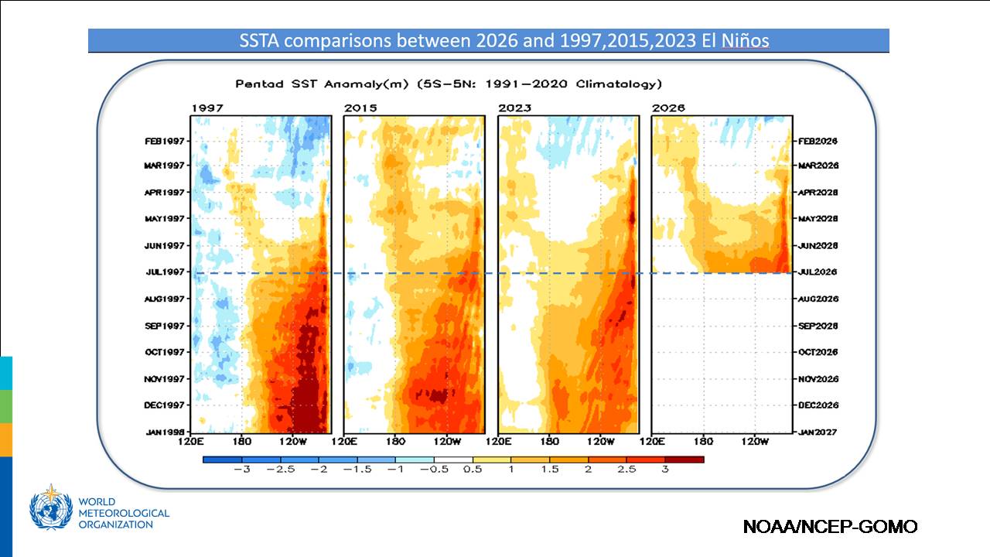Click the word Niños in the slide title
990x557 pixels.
coord(745,41)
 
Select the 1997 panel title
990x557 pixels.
coord(207,108)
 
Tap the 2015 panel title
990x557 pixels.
coord(360,108)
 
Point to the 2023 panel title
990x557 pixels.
coord(515,108)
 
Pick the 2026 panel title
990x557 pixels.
coord(668,108)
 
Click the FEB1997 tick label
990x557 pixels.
coord(165,141)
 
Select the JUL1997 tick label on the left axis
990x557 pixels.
coord(165,272)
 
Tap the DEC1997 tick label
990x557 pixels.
coord(164,405)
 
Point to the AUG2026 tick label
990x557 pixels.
coord(818,299)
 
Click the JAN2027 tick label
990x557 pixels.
coord(818,432)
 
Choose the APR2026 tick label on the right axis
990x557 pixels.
coord(818,193)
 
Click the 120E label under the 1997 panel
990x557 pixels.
coord(190,441)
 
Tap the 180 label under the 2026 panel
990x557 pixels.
coord(703,441)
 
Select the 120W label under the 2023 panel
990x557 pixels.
coord(600,441)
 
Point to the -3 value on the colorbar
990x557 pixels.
coord(242,469)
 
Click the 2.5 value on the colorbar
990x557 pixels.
coord(626,469)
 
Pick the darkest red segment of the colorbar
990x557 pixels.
coord(684,460)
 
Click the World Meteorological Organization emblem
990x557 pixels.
coord(51,507)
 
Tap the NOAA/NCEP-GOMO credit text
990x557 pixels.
coord(831,527)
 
